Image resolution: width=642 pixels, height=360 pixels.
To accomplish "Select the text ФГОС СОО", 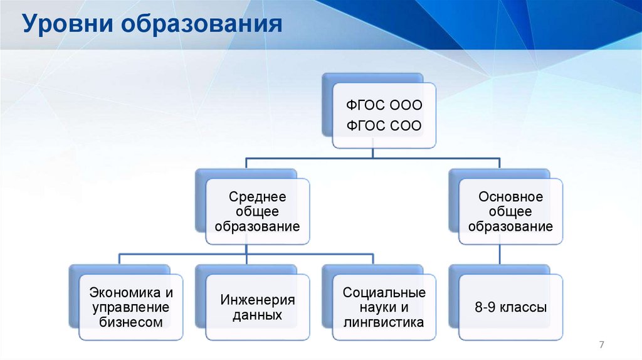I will tap(384, 127).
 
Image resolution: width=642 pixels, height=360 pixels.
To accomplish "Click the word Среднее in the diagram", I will tap(257, 198).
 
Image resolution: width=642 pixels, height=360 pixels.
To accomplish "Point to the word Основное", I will tap(510, 198).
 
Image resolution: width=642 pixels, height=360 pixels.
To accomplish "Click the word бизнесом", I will tap(131, 322).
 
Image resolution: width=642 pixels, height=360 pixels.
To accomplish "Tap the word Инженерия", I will tap(257, 300).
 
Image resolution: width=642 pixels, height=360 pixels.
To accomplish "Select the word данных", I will tap(257, 315).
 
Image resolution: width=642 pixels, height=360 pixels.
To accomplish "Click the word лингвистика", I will tap(384, 322).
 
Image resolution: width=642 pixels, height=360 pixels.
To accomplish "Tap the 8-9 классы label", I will tap(510, 308).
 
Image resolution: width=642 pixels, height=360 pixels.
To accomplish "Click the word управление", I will tap(131, 308).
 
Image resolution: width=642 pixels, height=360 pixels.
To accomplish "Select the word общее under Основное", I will tap(510, 212).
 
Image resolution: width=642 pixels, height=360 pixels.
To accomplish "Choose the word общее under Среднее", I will tap(257, 212).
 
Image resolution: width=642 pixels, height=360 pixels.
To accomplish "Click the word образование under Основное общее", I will tap(510, 226).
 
